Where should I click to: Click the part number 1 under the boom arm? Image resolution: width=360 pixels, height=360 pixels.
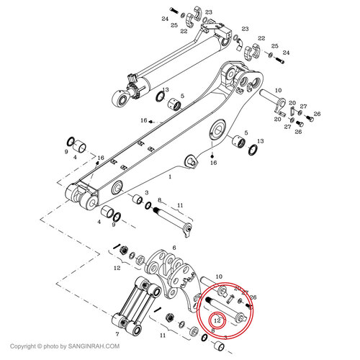click(170, 176)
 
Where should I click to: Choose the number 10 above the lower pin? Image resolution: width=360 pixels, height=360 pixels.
click(219, 275)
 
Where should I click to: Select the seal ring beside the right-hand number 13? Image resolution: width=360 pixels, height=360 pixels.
click(252, 150)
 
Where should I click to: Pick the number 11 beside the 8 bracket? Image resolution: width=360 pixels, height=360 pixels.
click(180, 206)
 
